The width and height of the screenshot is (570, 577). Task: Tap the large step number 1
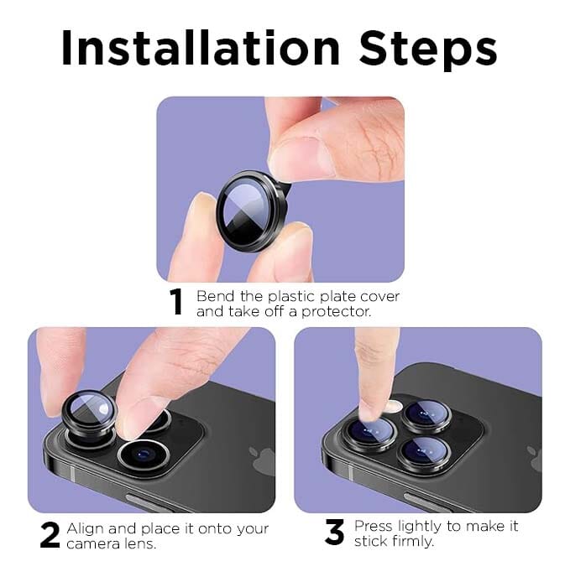176,303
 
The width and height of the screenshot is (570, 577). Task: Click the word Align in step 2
85,528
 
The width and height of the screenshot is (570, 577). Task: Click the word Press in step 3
373,526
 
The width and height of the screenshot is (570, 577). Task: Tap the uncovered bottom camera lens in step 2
144,456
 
